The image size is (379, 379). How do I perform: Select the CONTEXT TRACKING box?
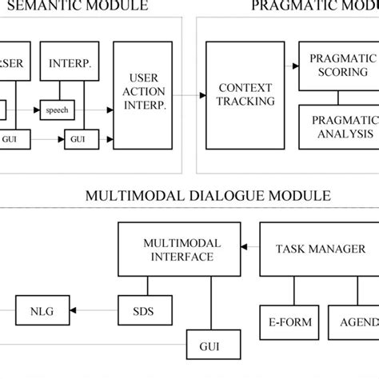245,95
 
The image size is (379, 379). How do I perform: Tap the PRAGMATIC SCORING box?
338,68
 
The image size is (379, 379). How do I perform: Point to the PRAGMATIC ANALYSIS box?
338,127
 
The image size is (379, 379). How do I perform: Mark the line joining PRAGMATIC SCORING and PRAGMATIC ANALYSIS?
338,98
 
